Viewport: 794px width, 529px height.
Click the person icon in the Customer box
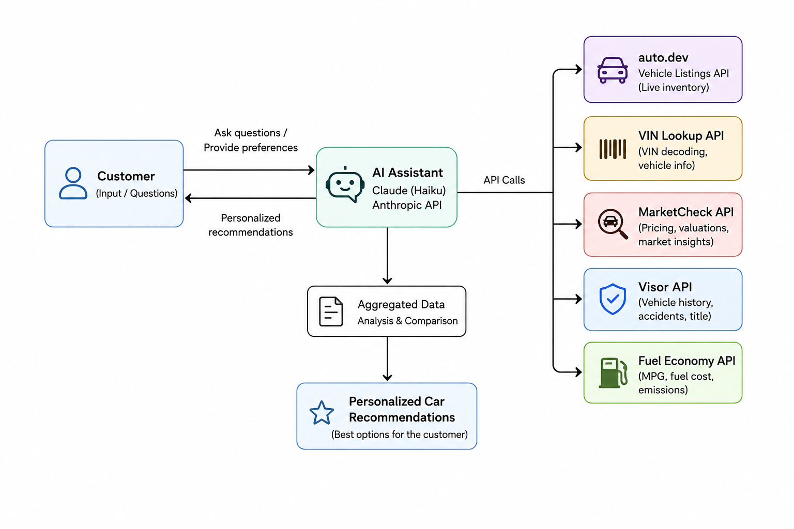pyautogui.click(x=73, y=183)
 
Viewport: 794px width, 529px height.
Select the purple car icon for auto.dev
pyautogui.click(x=612, y=70)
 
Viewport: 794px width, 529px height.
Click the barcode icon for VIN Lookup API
pyautogui.click(x=612, y=149)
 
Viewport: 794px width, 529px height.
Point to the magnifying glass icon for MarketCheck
pyautogui.click(x=612, y=224)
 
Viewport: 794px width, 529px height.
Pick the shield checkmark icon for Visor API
pyautogui.click(x=613, y=299)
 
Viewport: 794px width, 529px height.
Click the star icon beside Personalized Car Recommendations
pyautogui.click(x=322, y=412)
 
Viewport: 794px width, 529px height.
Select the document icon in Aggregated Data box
pyautogui.click(x=331, y=312)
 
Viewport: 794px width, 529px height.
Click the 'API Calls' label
pyautogui.click(x=504, y=180)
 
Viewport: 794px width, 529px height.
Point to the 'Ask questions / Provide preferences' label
pyautogui.click(x=251, y=140)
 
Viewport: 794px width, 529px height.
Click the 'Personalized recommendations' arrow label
pyautogui.click(x=251, y=225)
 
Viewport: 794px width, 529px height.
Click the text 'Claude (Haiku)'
pyautogui.click(x=409, y=191)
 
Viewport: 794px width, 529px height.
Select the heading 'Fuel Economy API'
pyautogui.click(x=686, y=361)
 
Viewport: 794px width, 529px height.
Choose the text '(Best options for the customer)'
pyautogui.click(x=400, y=434)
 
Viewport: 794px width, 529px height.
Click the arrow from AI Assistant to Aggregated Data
pyautogui.click(x=387, y=256)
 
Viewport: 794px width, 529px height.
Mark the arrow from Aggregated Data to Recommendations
pyautogui.click(x=387, y=359)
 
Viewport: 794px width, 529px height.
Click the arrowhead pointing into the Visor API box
pyautogui.click(x=578, y=299)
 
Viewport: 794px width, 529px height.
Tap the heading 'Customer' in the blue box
pyautogui.click(x=126, y=176)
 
